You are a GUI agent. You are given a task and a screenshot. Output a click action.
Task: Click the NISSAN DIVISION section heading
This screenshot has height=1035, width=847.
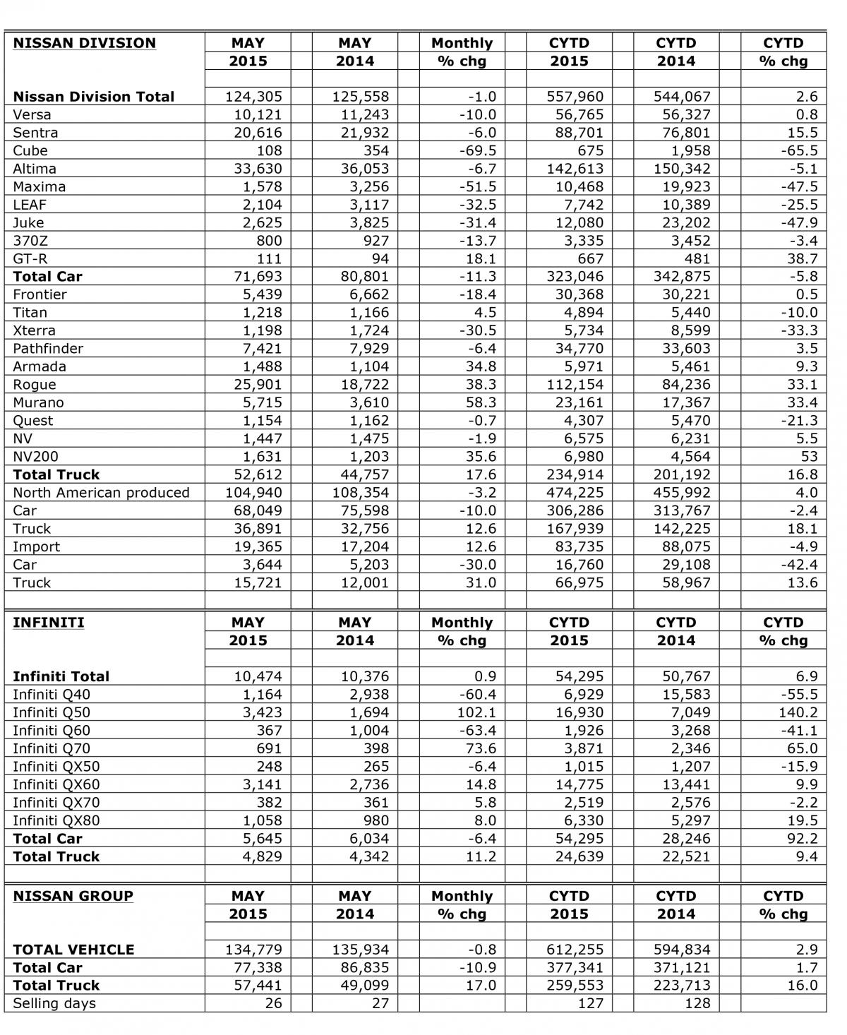(x=84, y=43)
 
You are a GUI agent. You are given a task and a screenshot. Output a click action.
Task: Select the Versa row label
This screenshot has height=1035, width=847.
(x=32, y=114)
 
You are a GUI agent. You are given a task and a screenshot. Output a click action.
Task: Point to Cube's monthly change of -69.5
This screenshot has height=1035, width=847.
(x=477, y=150)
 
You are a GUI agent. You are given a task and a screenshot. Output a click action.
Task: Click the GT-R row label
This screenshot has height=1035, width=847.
(x=30, y=258)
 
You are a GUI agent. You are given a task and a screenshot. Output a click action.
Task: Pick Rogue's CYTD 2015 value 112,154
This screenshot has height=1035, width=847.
(x=575, y=385)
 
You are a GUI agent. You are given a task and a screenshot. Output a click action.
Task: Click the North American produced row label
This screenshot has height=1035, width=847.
(x=101, y=493)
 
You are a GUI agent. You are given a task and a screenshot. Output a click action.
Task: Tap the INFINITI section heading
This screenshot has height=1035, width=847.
(x=48, y=623)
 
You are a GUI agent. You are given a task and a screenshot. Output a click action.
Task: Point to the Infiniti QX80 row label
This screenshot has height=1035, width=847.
(x=56, y=820)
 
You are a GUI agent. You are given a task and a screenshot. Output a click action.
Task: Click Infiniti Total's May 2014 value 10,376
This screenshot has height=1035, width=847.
(x=360, y=676)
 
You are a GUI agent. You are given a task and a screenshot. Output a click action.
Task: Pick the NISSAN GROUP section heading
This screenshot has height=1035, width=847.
(x=73, y=896)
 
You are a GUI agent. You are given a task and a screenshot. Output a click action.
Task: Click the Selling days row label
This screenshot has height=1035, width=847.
(x=54, y=1003)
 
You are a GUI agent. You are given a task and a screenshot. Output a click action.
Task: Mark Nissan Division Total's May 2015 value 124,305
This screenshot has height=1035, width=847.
(x=253, y=97)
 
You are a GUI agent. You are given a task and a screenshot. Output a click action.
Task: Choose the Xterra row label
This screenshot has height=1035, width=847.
(x=34, y=330)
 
